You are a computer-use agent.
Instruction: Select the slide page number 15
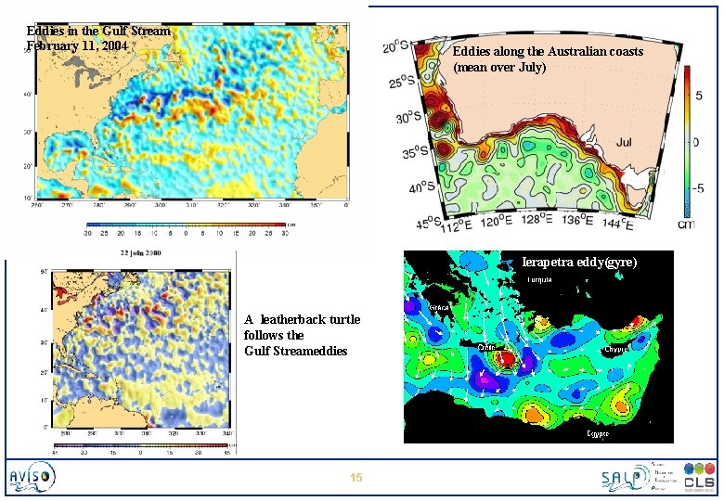(x=356, y=478)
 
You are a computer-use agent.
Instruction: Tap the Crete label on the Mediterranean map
(x=486, y=347)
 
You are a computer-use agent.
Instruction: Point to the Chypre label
(x=617, y=349)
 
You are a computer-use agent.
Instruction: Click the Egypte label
(x=597, y=433)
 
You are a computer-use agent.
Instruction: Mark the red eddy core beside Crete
(x=507, y=358)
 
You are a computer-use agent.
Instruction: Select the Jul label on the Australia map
(x=623, y=141)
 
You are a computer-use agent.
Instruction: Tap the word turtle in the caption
(x=340, y=319)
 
